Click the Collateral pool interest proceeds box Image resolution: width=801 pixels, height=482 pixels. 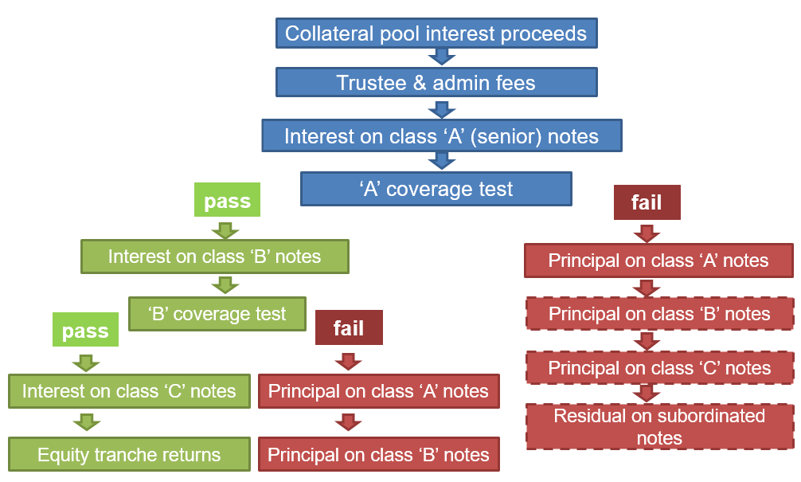click(436, 33)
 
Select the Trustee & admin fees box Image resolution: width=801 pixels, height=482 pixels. click(436, 82)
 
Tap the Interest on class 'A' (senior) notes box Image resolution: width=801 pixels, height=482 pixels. click(441, 135)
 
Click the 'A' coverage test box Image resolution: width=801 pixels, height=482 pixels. click(436, 189)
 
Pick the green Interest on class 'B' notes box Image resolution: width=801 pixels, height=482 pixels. click(214, 257)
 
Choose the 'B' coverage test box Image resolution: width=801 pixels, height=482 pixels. click(217, 314)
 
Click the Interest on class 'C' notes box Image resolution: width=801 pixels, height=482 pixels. click(129, 391)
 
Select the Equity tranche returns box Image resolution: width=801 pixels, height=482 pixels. click(129, 455)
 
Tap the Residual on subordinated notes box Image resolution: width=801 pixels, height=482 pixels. click(659, 427)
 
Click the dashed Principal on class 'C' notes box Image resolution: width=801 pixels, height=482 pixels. click(659, 368)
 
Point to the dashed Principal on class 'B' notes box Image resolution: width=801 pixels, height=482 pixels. click(659, 314)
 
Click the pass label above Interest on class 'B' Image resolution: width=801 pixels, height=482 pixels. click(227, 201)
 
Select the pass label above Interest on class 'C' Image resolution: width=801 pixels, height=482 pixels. click(85, 330)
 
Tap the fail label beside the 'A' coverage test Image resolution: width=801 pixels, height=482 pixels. click(646, 202)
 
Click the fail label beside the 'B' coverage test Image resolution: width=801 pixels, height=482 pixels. click(348, 328)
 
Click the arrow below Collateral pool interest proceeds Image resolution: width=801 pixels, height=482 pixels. click(441, 57)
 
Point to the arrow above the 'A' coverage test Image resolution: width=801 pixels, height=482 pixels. click(441, 161)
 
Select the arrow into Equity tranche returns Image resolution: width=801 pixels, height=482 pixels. click(85, 422)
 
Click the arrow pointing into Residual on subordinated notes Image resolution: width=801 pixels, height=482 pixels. click(647, 394)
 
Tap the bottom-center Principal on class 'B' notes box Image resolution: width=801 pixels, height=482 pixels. click(378, 455)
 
